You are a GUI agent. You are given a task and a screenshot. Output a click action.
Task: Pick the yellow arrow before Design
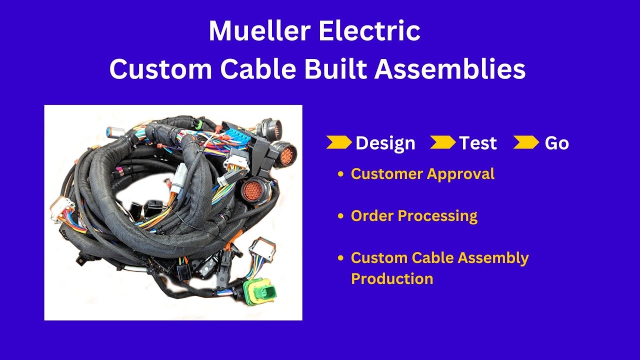[338, 142]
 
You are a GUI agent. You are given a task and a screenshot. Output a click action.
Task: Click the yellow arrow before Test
[442, 142]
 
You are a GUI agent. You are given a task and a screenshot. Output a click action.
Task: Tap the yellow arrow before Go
[526, 142]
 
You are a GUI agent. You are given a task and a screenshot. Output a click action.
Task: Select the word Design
[385, 143]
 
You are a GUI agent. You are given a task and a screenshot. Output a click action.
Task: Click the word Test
[478, 143]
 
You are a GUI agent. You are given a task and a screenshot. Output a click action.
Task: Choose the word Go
[556, 143]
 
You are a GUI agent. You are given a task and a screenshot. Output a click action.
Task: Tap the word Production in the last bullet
[392, 278]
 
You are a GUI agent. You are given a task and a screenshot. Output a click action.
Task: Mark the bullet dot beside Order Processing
[341, 216]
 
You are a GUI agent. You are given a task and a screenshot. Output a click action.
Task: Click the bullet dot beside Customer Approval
[341, 174]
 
